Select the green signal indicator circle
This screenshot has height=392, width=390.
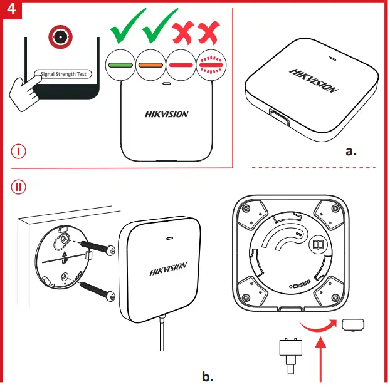(119, 64)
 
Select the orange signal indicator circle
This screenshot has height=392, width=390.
(150, 64)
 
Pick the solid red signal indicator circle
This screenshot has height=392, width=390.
(181, 64)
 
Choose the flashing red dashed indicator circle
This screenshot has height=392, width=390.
(211, 64)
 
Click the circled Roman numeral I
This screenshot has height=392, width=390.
(19, 152)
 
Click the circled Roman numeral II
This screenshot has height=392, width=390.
(19, 186)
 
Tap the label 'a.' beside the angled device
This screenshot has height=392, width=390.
(351, 150)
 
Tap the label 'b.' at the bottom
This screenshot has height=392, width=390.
(208, 376)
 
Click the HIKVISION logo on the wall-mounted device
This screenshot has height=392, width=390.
(168, 269)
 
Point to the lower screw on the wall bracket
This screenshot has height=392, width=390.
(98, 289)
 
